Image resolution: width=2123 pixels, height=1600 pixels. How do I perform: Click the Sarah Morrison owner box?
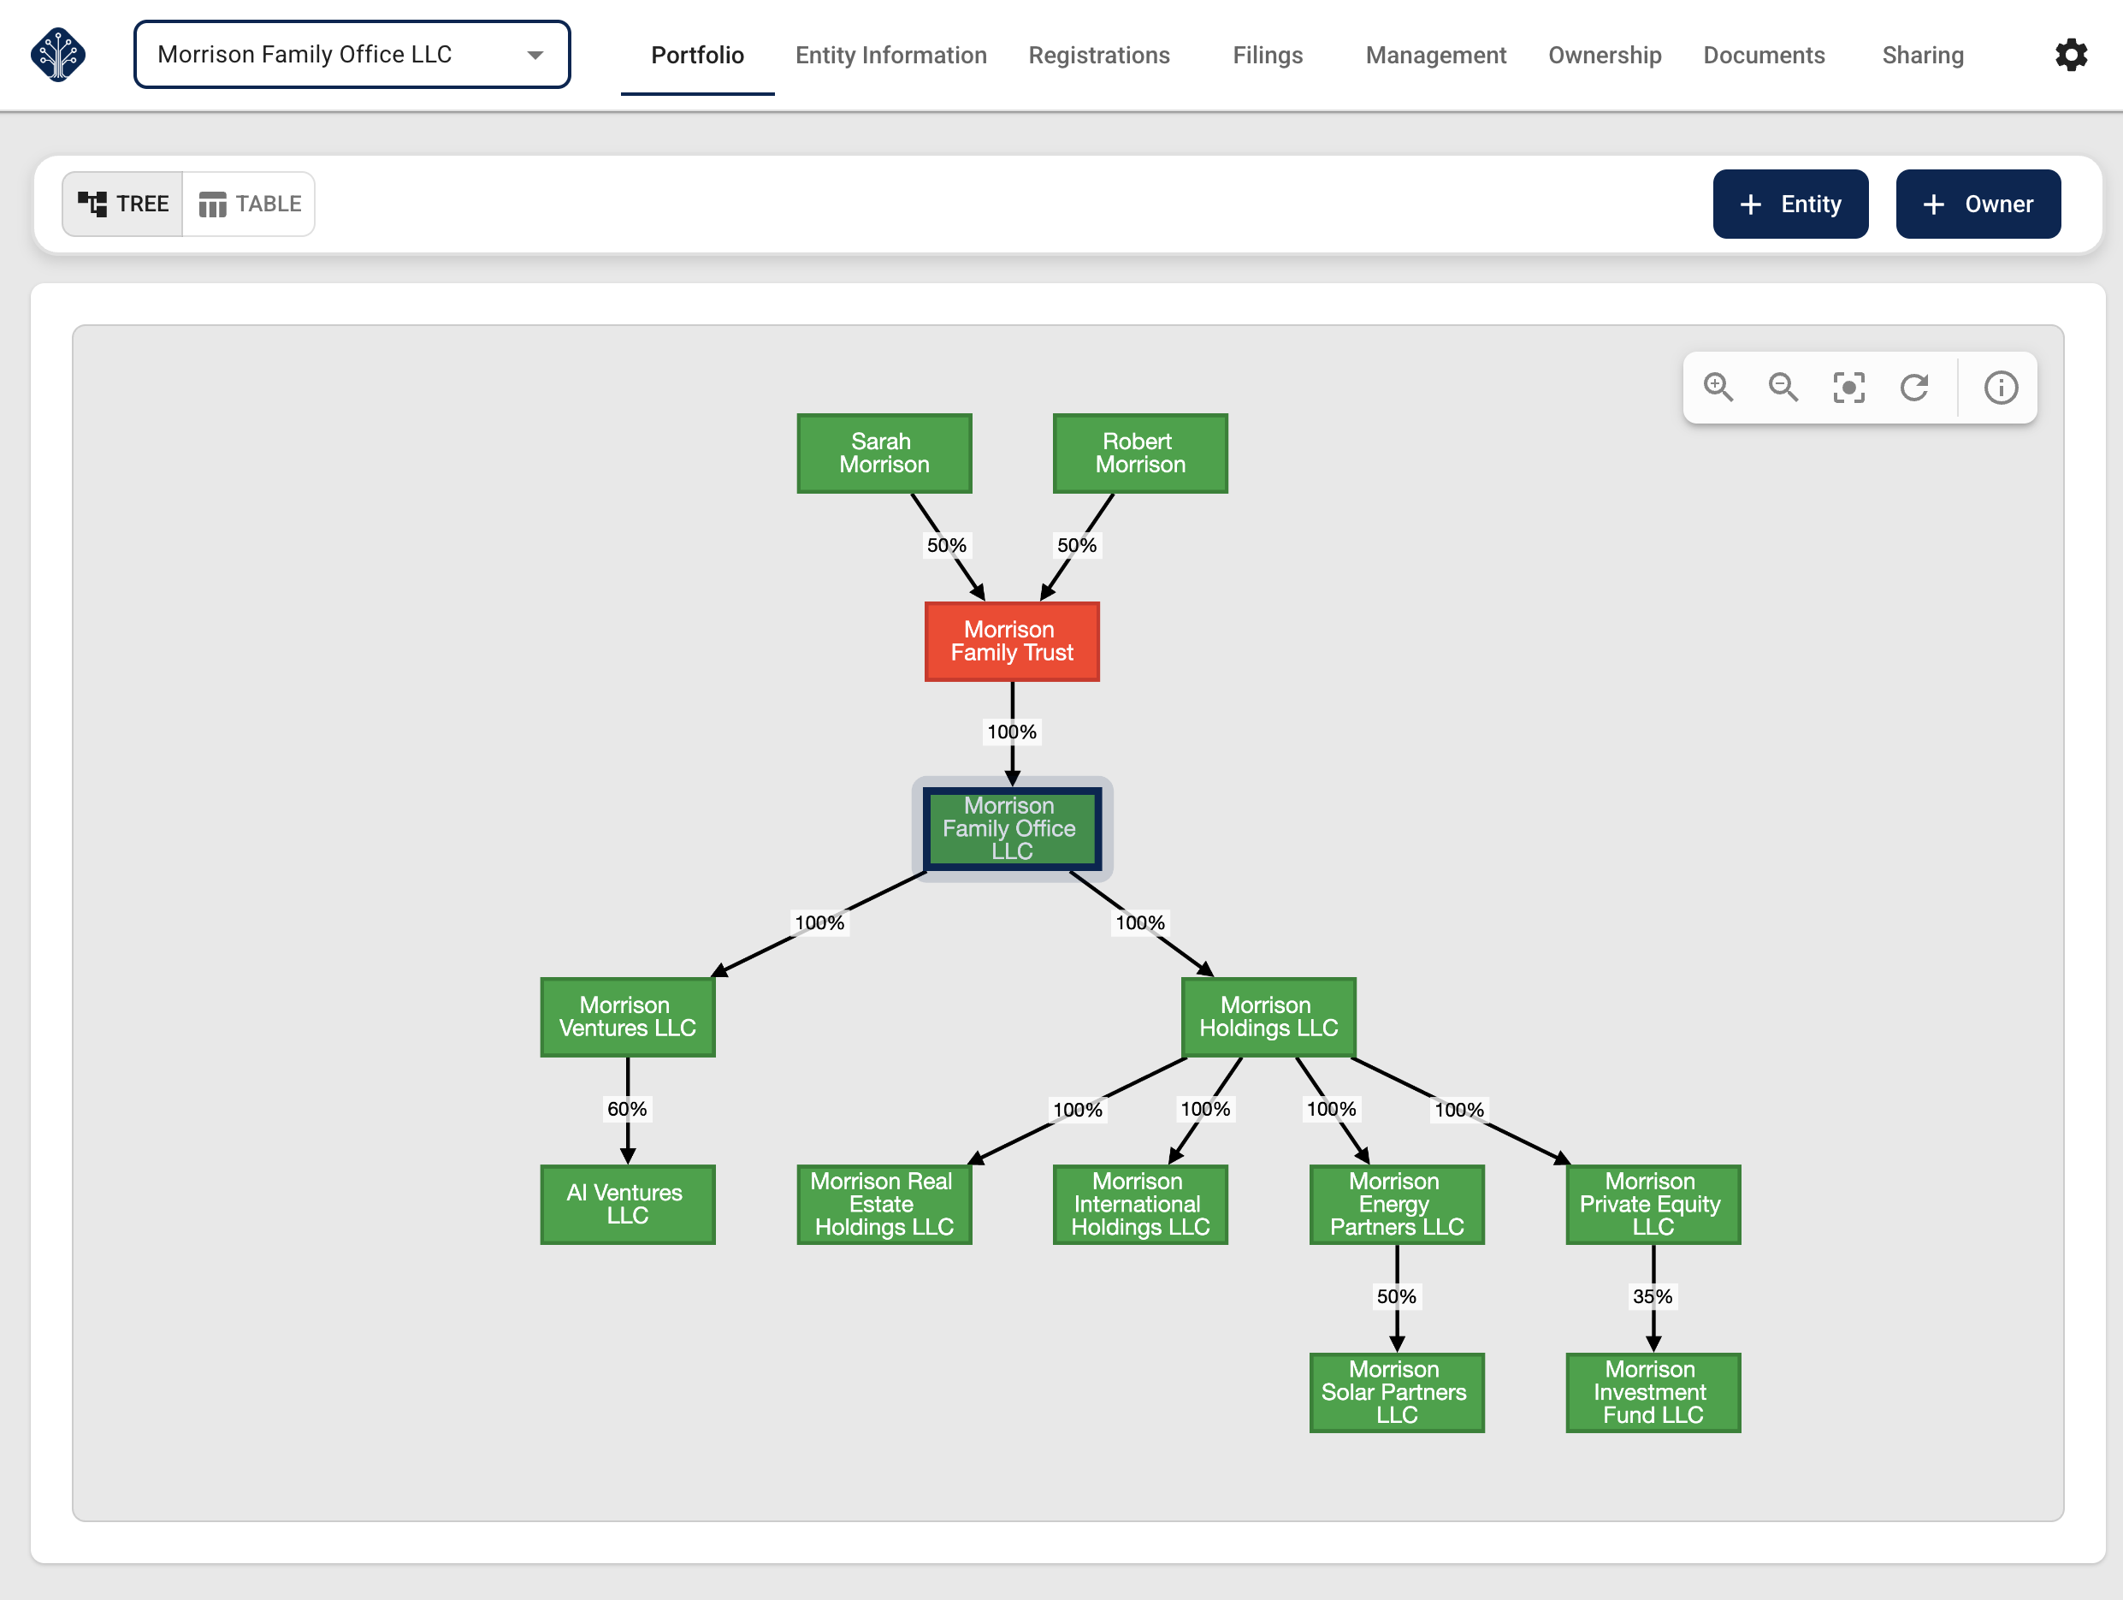pos(884,453)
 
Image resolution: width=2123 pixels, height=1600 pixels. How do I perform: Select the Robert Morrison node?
pos(1139,453)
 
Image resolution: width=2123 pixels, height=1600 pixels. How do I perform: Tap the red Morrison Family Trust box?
pos(1012,641)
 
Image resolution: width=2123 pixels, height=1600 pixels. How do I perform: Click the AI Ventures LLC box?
pos(627,1204)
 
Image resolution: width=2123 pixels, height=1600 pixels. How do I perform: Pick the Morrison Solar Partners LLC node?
pos(1397,1392)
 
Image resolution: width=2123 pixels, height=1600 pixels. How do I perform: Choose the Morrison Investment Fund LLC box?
pos(1652,1392)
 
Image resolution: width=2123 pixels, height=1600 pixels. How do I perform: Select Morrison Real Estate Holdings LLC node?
pos(884,1204)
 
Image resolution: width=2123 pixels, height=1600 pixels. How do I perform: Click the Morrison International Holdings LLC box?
pos(1139,1204)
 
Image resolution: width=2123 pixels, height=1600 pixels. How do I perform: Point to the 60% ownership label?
pos(627,1109)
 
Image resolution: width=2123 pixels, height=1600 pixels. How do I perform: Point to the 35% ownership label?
pos(1652,1297)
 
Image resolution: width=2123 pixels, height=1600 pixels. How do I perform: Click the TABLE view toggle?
pos(250,204)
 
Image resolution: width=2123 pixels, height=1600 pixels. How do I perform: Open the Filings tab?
pos(1267,56)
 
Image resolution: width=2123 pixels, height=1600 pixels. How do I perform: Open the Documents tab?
pos(1763,56)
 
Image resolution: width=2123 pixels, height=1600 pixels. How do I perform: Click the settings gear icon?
pos(2070,56)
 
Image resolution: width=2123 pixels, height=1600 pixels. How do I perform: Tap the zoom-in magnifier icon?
pos(1718,388)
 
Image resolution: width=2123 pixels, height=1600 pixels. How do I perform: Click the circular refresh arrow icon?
pos(1913,388)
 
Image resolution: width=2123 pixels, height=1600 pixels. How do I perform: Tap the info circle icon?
pos(2000,388)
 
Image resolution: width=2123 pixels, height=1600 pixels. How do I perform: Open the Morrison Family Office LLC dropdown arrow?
pos(535,56)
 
